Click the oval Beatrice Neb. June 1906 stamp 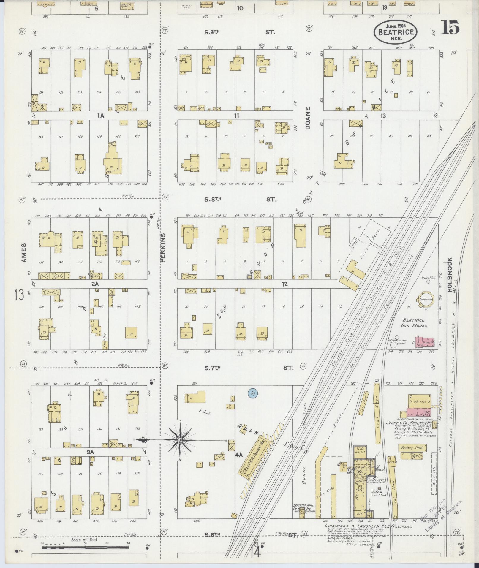point(396,32)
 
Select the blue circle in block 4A point(253,394)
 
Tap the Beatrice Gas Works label point(415,323)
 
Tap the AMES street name point(24,253)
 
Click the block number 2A point(95,284)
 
